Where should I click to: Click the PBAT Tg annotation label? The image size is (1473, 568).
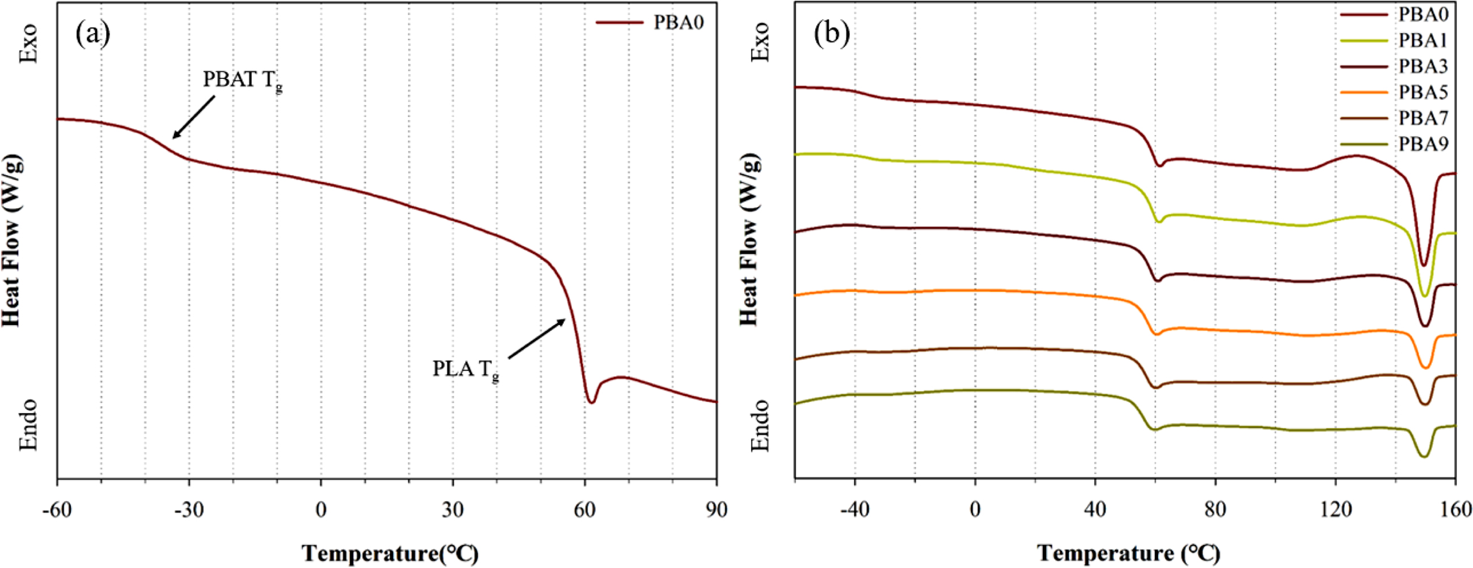(x=243, y=80)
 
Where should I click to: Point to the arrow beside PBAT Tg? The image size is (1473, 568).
(x=194, y=117)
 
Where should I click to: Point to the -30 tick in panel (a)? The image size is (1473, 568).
(x=189, y=509)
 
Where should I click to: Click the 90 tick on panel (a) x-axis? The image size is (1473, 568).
(x=716, y=509)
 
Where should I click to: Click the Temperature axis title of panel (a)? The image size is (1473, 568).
(x=390, y=553)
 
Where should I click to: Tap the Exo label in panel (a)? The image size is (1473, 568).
(x=28, y=44)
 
